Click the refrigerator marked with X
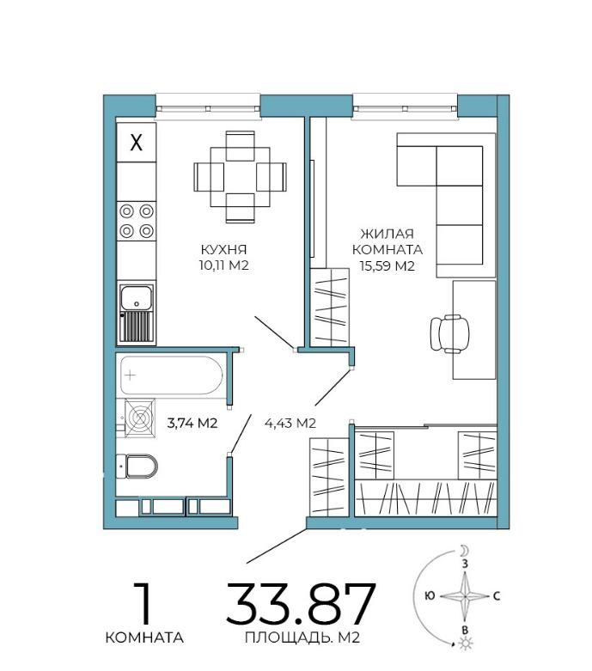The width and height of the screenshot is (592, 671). [136, 142]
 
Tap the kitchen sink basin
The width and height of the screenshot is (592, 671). [136, 298]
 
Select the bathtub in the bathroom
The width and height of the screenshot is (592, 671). [171, 375]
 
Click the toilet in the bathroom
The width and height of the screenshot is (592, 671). [137, 466]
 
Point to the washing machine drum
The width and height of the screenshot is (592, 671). [139, 418]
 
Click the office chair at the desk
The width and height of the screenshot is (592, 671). [450, 333]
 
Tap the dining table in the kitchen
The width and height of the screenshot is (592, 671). [240, 177]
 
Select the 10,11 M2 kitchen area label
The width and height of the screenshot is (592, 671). [223, 265]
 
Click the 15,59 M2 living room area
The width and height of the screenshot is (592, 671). [387, 265]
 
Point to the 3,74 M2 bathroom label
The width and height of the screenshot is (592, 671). [192, 424]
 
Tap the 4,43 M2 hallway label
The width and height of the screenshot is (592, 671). [290, 424]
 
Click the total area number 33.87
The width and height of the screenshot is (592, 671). [301, 604]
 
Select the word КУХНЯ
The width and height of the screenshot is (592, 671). [224, 249]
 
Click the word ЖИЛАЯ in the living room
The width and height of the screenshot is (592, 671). [387, 234]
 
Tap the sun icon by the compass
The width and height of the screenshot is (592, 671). [465, 644]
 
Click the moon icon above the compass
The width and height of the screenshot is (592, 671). [465, 550]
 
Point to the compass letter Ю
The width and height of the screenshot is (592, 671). [430, 595]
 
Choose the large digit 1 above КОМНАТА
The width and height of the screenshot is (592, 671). [143, 603]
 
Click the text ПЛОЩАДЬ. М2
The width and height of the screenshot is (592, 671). [302, 637]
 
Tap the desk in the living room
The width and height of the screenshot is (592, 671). [474, 330]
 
